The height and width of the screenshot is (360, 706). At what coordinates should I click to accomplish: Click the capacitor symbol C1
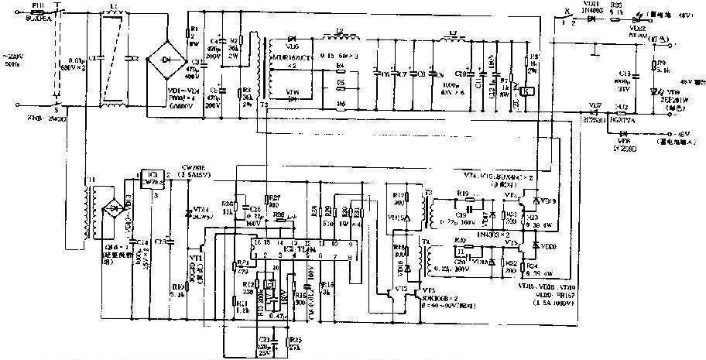click(93, 58)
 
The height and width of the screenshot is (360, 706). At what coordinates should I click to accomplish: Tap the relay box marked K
click(527, 91)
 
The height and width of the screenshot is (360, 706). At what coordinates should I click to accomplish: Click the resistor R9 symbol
click(652, 68)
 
